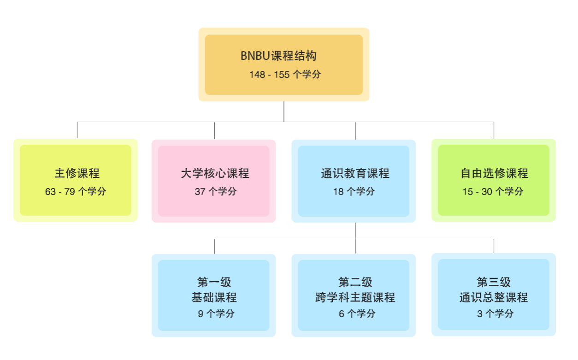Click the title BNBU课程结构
tap(278, 56)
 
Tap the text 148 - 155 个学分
tap(285, 74)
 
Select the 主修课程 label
tap(77, 173)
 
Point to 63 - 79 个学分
tap(76, 192)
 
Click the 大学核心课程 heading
tap(215, 173)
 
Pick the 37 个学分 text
tap(215, 192)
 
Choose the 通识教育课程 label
tap(355, 173)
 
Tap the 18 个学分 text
tap(354, 192)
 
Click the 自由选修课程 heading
tap(494, 173)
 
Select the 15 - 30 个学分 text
tap(493, 192)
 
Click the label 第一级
tap(214, 282)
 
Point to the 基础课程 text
tap(214, 297)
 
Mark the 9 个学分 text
tap(216, 314)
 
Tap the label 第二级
tap(355, 282)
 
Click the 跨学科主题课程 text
tap(355, 297)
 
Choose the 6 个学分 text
tap(357, 314)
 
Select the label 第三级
tap(494, 282)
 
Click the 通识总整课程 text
tap(494, 297)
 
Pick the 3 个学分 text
tap(495, 314)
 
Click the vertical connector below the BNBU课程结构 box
tap(284, 112)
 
